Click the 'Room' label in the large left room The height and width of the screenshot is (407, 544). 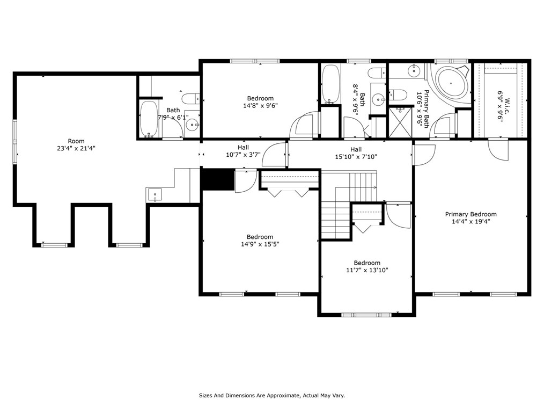[76, 141]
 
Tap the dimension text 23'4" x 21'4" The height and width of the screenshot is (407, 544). [76, 148]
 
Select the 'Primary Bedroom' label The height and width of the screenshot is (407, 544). [471, 214]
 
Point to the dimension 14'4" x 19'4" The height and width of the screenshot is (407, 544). [471, 222]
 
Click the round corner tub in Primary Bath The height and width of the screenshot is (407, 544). [451, 83]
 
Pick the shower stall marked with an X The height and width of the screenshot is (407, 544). [400, 122]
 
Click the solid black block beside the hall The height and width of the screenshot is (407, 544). [218, 179]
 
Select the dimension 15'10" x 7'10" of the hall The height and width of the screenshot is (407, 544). [356, 157]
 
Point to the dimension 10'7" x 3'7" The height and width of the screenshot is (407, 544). [243, 155]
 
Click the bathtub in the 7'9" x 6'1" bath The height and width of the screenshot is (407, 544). [149, 119]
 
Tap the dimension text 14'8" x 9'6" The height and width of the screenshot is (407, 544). [260, 105]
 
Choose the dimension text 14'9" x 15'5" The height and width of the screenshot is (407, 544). [260, 244]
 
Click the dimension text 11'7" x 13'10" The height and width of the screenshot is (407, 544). [367, 270]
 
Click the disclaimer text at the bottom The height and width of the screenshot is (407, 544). [271, 395]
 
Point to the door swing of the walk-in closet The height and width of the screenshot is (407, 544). [498, 150]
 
